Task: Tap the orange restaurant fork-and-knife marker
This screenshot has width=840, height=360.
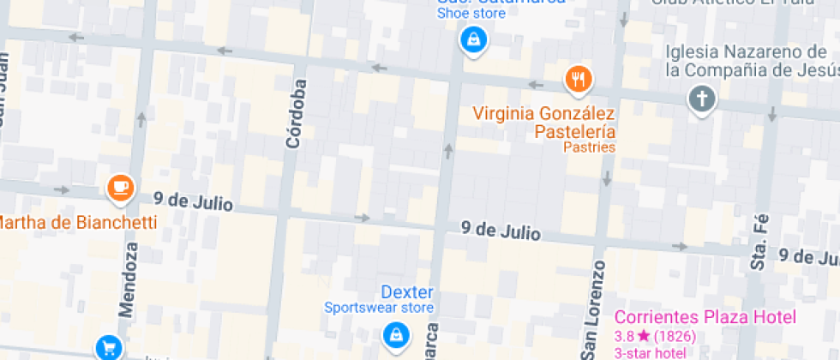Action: click(579, 80)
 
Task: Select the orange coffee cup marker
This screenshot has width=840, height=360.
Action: click(121, 187)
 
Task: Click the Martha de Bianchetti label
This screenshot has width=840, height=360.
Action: click(77, 223)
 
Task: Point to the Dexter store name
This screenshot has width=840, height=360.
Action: click(407, 292)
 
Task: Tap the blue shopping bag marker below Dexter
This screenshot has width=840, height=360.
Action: click(395, 333)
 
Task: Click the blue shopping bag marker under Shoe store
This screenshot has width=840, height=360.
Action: click(472, 39)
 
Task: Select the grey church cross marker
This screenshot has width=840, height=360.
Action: click(702, 99)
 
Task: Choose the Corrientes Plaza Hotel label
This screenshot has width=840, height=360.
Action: click(705, 316)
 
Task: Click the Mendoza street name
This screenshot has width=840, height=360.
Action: click(131, 279)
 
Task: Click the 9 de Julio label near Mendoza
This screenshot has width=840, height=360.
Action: click(193, 202)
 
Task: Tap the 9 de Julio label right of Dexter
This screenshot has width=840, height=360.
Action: click(501, 231)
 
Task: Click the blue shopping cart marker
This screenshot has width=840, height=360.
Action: click(109, 347)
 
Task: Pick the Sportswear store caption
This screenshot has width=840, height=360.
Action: click(379, 308)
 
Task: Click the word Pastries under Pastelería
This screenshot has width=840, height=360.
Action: click(589, 147)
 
